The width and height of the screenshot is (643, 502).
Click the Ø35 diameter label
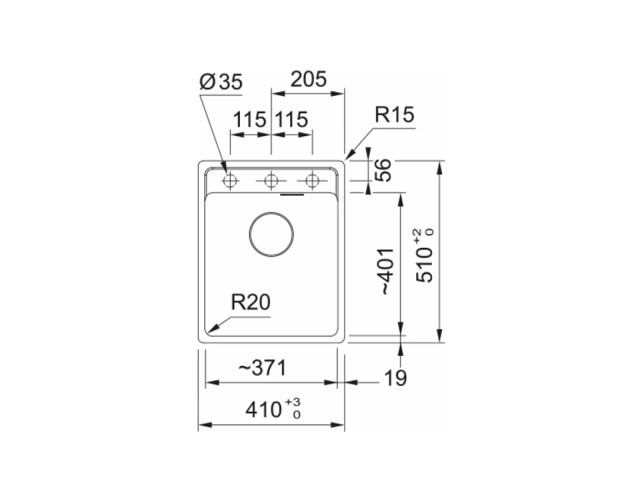[x=221, y=82]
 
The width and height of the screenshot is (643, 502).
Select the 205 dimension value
[x=308, y=79]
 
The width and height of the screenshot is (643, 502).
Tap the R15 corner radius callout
[x=394, y=115]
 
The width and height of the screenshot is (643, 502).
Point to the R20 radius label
[x=251, y=302]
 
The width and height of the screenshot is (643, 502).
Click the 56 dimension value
[x=384, y=170]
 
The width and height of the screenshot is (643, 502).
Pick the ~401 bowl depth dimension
[x=387, y=271]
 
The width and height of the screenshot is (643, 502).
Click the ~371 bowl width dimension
[x=262, y=368]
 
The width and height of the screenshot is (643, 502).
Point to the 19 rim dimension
[x=396, y=378]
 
